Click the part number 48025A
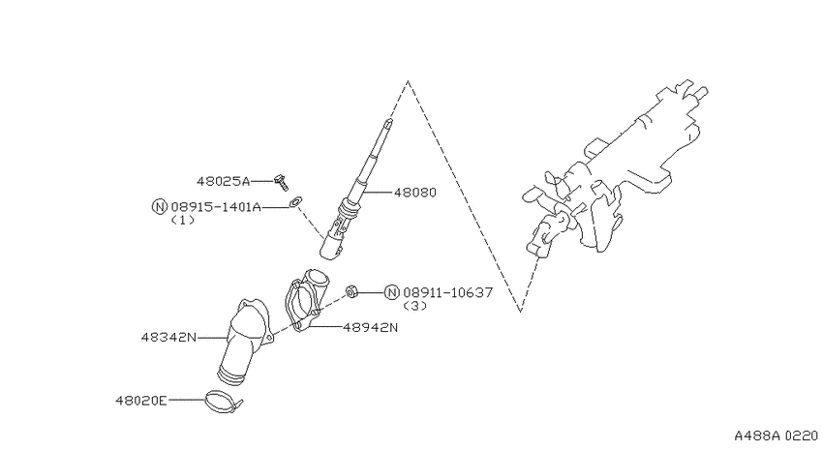[223, 182]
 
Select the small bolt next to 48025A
[282, 182]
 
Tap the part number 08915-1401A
[216, 207]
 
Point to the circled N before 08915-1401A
[160, 207]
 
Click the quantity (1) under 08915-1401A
[183, 221]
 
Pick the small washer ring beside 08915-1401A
[295, 201]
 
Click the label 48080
[415, 193]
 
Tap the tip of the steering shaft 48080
[388, 121]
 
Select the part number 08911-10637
[448, 292]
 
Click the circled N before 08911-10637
[392, 292]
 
